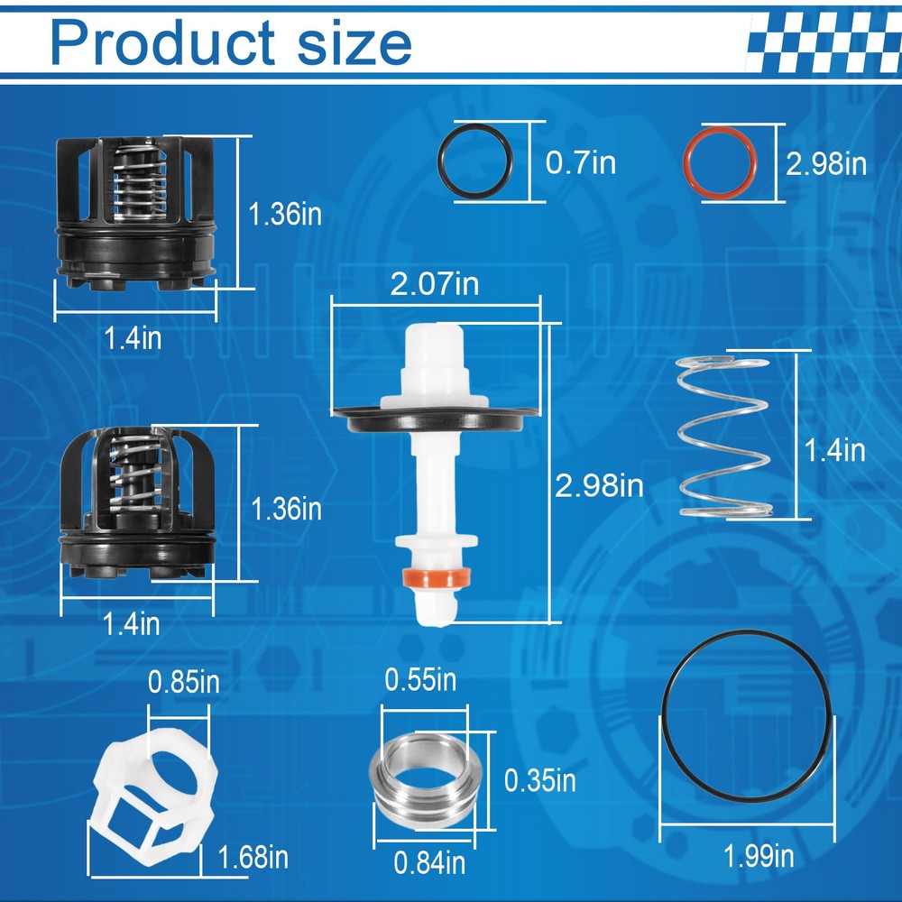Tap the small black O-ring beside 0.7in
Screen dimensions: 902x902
click(x=477, y=162)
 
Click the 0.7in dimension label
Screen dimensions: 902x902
click(x=581, y=163)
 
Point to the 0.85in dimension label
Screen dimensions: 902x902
click(x=184, y=682)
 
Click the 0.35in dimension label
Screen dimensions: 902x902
click(x=539, y=779)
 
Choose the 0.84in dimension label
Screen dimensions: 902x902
click(x=429, y=863)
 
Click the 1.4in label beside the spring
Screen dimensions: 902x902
click(x=836, y=449)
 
